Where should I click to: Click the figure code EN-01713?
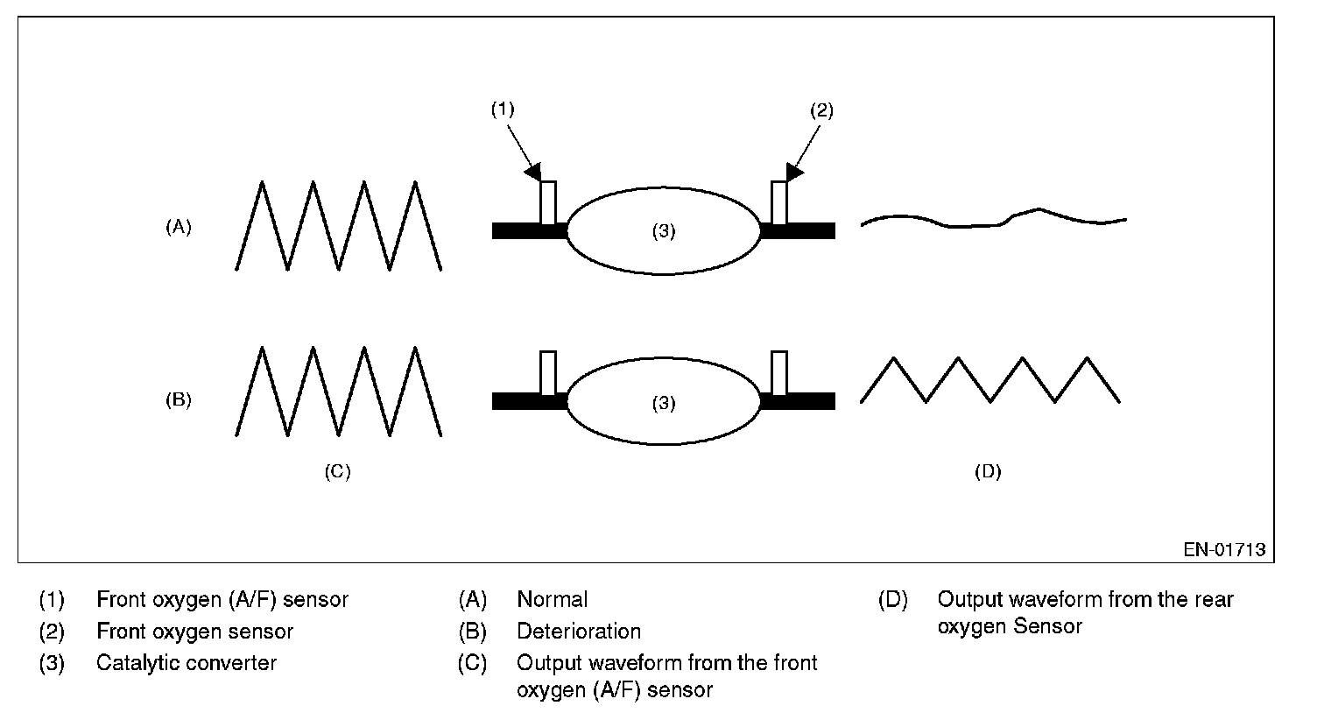(1224, 549)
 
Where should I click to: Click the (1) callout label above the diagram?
(503, 109)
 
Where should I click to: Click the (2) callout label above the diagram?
(821, 110)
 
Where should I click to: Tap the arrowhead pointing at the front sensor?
(533, 172)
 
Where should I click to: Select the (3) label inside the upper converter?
(664, 231)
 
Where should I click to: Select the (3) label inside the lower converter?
(664, 403)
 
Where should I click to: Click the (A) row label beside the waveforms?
(178, 227)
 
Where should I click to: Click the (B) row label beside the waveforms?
(178, 400)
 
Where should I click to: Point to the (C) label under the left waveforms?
(337, 471)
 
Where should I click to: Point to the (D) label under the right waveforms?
(988, 471)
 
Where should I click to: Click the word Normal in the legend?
(552, 599)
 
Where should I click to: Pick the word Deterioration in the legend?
(579, 632)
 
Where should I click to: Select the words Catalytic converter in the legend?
(187, 663)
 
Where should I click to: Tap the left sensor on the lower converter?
(548, 373)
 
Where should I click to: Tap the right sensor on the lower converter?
(779, 373)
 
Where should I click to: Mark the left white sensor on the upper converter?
(548, 203)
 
